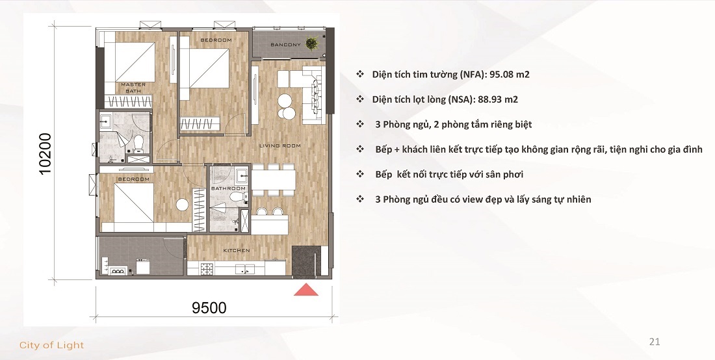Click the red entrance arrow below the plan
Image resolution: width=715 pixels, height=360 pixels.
(306, 290)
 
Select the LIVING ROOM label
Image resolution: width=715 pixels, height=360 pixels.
(279, 146)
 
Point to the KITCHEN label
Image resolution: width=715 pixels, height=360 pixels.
(237, 250)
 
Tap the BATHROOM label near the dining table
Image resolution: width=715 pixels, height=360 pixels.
(227, 188)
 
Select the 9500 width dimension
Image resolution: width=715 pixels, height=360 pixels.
(210, 307)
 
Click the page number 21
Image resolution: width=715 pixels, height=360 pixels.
(655, 341)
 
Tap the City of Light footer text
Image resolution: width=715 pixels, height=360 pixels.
(52, 345)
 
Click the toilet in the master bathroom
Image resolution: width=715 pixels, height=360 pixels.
(137, 144)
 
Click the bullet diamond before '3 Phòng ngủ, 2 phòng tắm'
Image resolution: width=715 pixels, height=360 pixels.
(359, 124)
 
